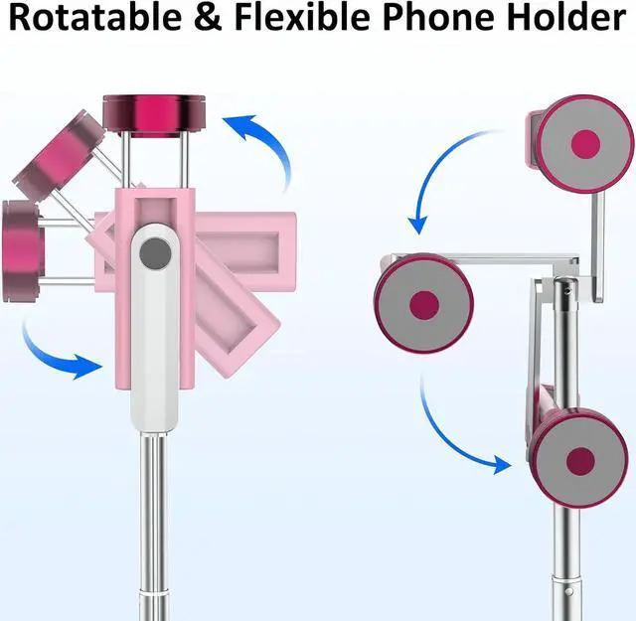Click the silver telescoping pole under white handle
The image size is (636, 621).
coord(153,517)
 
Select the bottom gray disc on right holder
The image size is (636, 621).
coord(578,459)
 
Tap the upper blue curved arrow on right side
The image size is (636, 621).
coord(442,179)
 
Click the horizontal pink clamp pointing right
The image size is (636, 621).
coord(248,243)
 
